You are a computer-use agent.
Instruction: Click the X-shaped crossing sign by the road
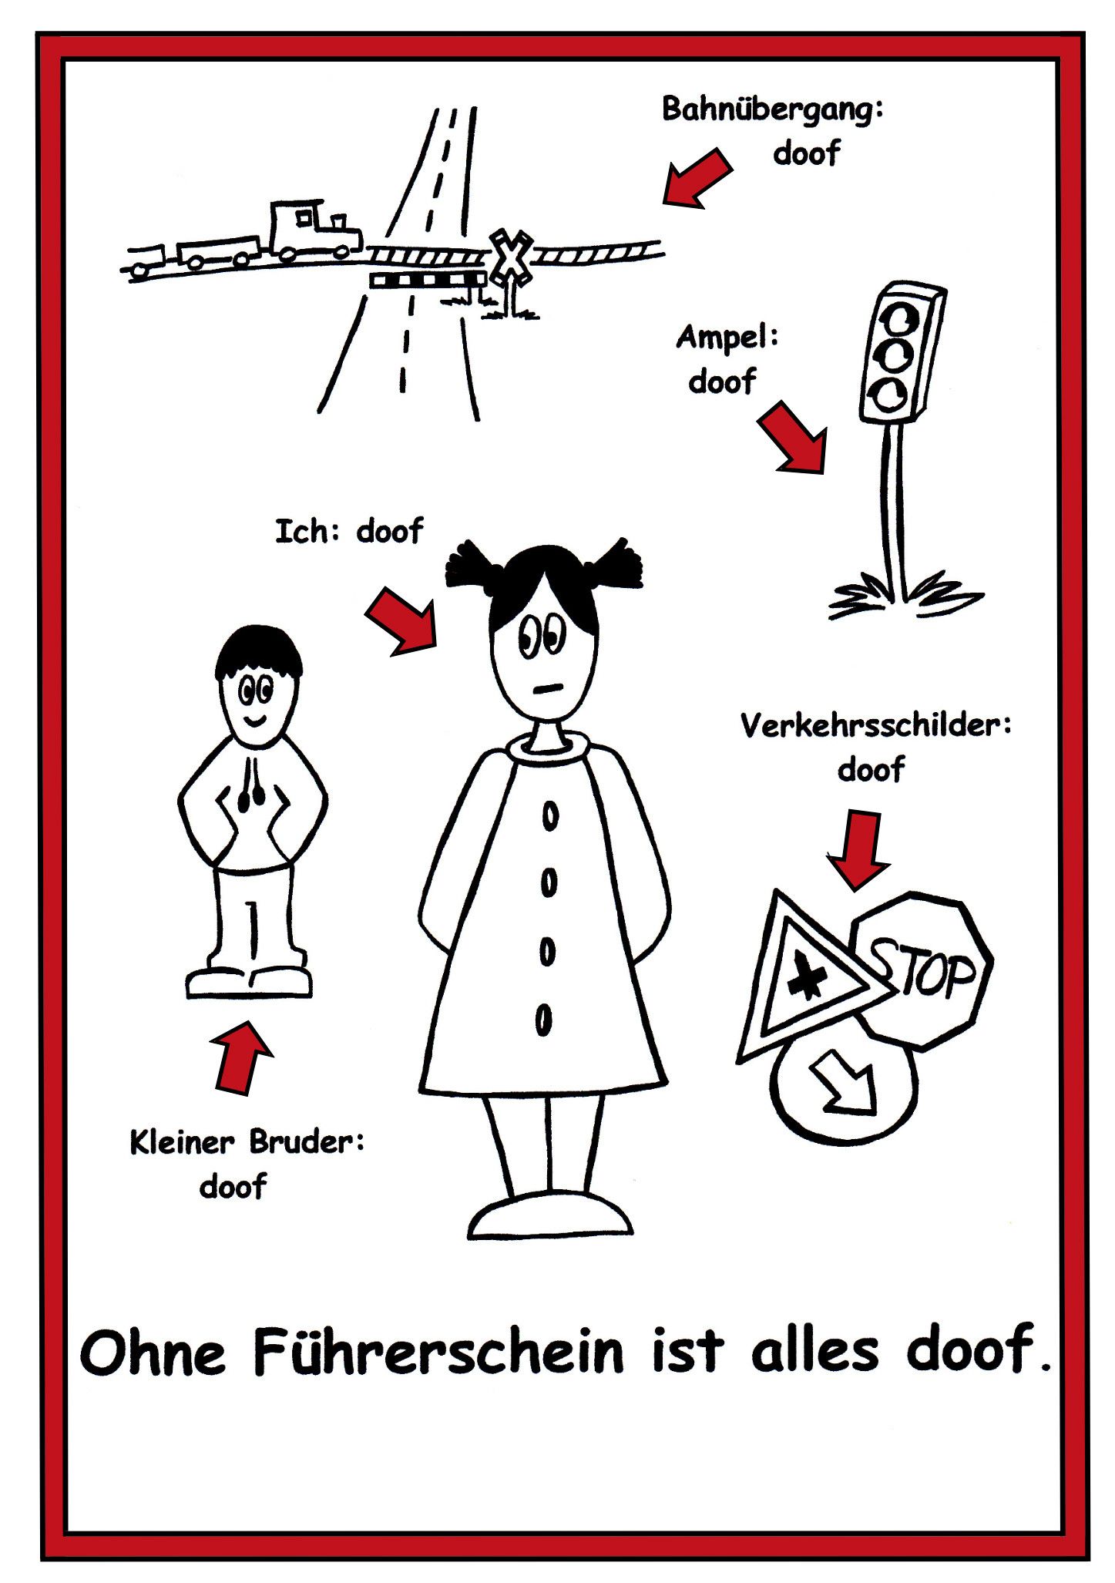pos(509,254)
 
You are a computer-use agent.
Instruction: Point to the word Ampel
pos(725,338)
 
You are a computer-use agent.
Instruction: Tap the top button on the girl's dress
pos(549,818)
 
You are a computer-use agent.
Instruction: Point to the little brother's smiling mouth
pos(254,721)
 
